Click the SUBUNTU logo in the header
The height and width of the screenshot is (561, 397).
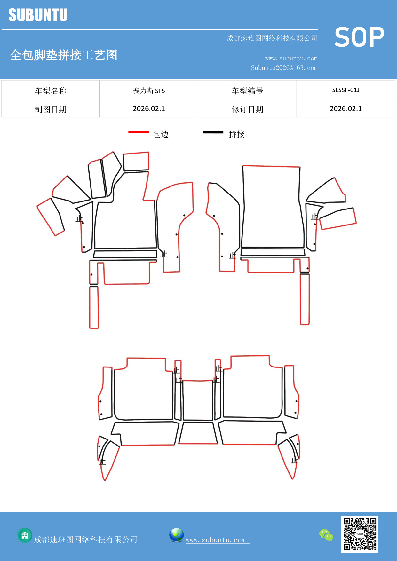coord(38,15)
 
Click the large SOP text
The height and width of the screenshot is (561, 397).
coord(359,37)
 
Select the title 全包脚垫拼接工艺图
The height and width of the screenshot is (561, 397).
coord(64,55)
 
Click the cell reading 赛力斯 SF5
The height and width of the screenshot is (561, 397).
coord(149,91)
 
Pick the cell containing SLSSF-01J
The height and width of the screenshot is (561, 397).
coord(345,90)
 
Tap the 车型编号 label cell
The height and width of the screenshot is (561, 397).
coord(247,91)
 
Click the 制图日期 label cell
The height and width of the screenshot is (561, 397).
coord(51,109)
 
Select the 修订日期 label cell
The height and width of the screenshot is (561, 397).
coord(247,109)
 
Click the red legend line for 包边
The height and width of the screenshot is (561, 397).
coord(139,132)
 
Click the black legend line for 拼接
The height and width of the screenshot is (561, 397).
coord(213,132)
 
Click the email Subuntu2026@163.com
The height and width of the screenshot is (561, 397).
coord(284,68)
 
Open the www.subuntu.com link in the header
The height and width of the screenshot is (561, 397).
coord(291,58)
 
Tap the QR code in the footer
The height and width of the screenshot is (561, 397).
coord(360,534)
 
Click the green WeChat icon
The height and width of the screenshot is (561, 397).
coord(326,535)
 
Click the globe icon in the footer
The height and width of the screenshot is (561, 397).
coord(176,535)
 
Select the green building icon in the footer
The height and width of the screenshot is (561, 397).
coord(25,535)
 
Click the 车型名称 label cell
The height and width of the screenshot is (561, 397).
coord(51,91)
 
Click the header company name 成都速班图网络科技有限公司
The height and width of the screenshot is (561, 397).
coord(272,38)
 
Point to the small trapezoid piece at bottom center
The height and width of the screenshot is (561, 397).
coord(198,433)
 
